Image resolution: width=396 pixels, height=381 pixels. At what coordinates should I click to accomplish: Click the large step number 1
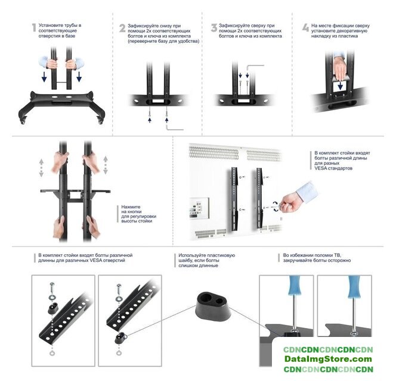point(34,27)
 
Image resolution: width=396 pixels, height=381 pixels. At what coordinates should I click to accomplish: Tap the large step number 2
point(122,28)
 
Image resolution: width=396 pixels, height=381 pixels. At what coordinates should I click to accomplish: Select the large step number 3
point(214,28)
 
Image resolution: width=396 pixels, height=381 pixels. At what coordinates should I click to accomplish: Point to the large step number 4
point(306,27)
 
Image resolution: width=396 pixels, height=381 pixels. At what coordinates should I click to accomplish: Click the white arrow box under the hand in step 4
point(340,87)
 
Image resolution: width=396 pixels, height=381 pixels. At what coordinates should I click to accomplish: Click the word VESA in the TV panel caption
point(320,168)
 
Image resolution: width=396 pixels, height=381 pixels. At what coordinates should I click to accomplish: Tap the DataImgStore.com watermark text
point(328,359)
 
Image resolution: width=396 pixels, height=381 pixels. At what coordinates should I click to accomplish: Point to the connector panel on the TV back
point(199,208)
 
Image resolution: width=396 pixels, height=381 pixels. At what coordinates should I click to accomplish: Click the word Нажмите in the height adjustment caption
point(131,207)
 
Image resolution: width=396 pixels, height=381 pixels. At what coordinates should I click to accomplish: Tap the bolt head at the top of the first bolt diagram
point(52,285)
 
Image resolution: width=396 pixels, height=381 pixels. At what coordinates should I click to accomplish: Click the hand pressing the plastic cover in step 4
point(340,67)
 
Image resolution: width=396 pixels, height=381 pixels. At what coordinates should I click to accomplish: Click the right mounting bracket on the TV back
point(259,198)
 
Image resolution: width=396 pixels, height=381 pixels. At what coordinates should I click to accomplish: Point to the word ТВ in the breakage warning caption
point(338,255)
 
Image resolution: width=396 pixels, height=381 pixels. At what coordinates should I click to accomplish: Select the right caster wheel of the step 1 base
point(101,121)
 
